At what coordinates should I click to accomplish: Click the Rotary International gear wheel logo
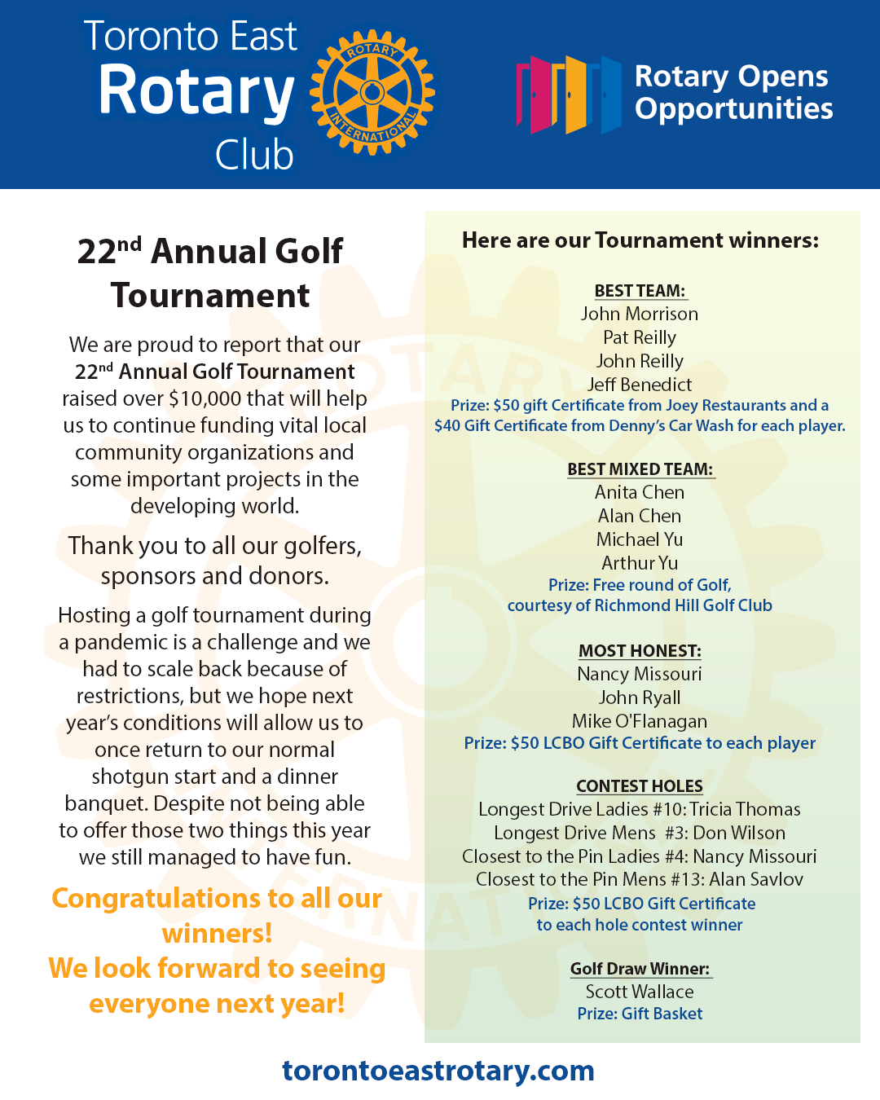point(372,91)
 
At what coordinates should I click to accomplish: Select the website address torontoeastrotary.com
point(438,1070)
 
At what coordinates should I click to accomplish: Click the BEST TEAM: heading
point(640,291)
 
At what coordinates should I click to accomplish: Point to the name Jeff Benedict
point(640,385)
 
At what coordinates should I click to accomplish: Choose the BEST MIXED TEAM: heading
point(640,469)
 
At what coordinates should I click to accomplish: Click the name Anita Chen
point(640,492)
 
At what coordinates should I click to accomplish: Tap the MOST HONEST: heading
point(640,651)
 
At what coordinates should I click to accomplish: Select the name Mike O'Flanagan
point(640,721)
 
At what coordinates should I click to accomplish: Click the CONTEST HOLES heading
point(640,786)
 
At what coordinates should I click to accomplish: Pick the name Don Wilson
point(739,833)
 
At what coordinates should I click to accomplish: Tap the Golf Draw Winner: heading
point(640,969)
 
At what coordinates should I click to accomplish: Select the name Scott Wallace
point(640,992)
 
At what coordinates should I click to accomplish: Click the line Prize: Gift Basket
point(640,1014)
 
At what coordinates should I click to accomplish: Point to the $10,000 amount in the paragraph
point(205,398)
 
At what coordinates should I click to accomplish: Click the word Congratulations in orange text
point(147,898)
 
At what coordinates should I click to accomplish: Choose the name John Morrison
point(640,314)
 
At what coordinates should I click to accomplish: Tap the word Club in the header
point(254,155)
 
